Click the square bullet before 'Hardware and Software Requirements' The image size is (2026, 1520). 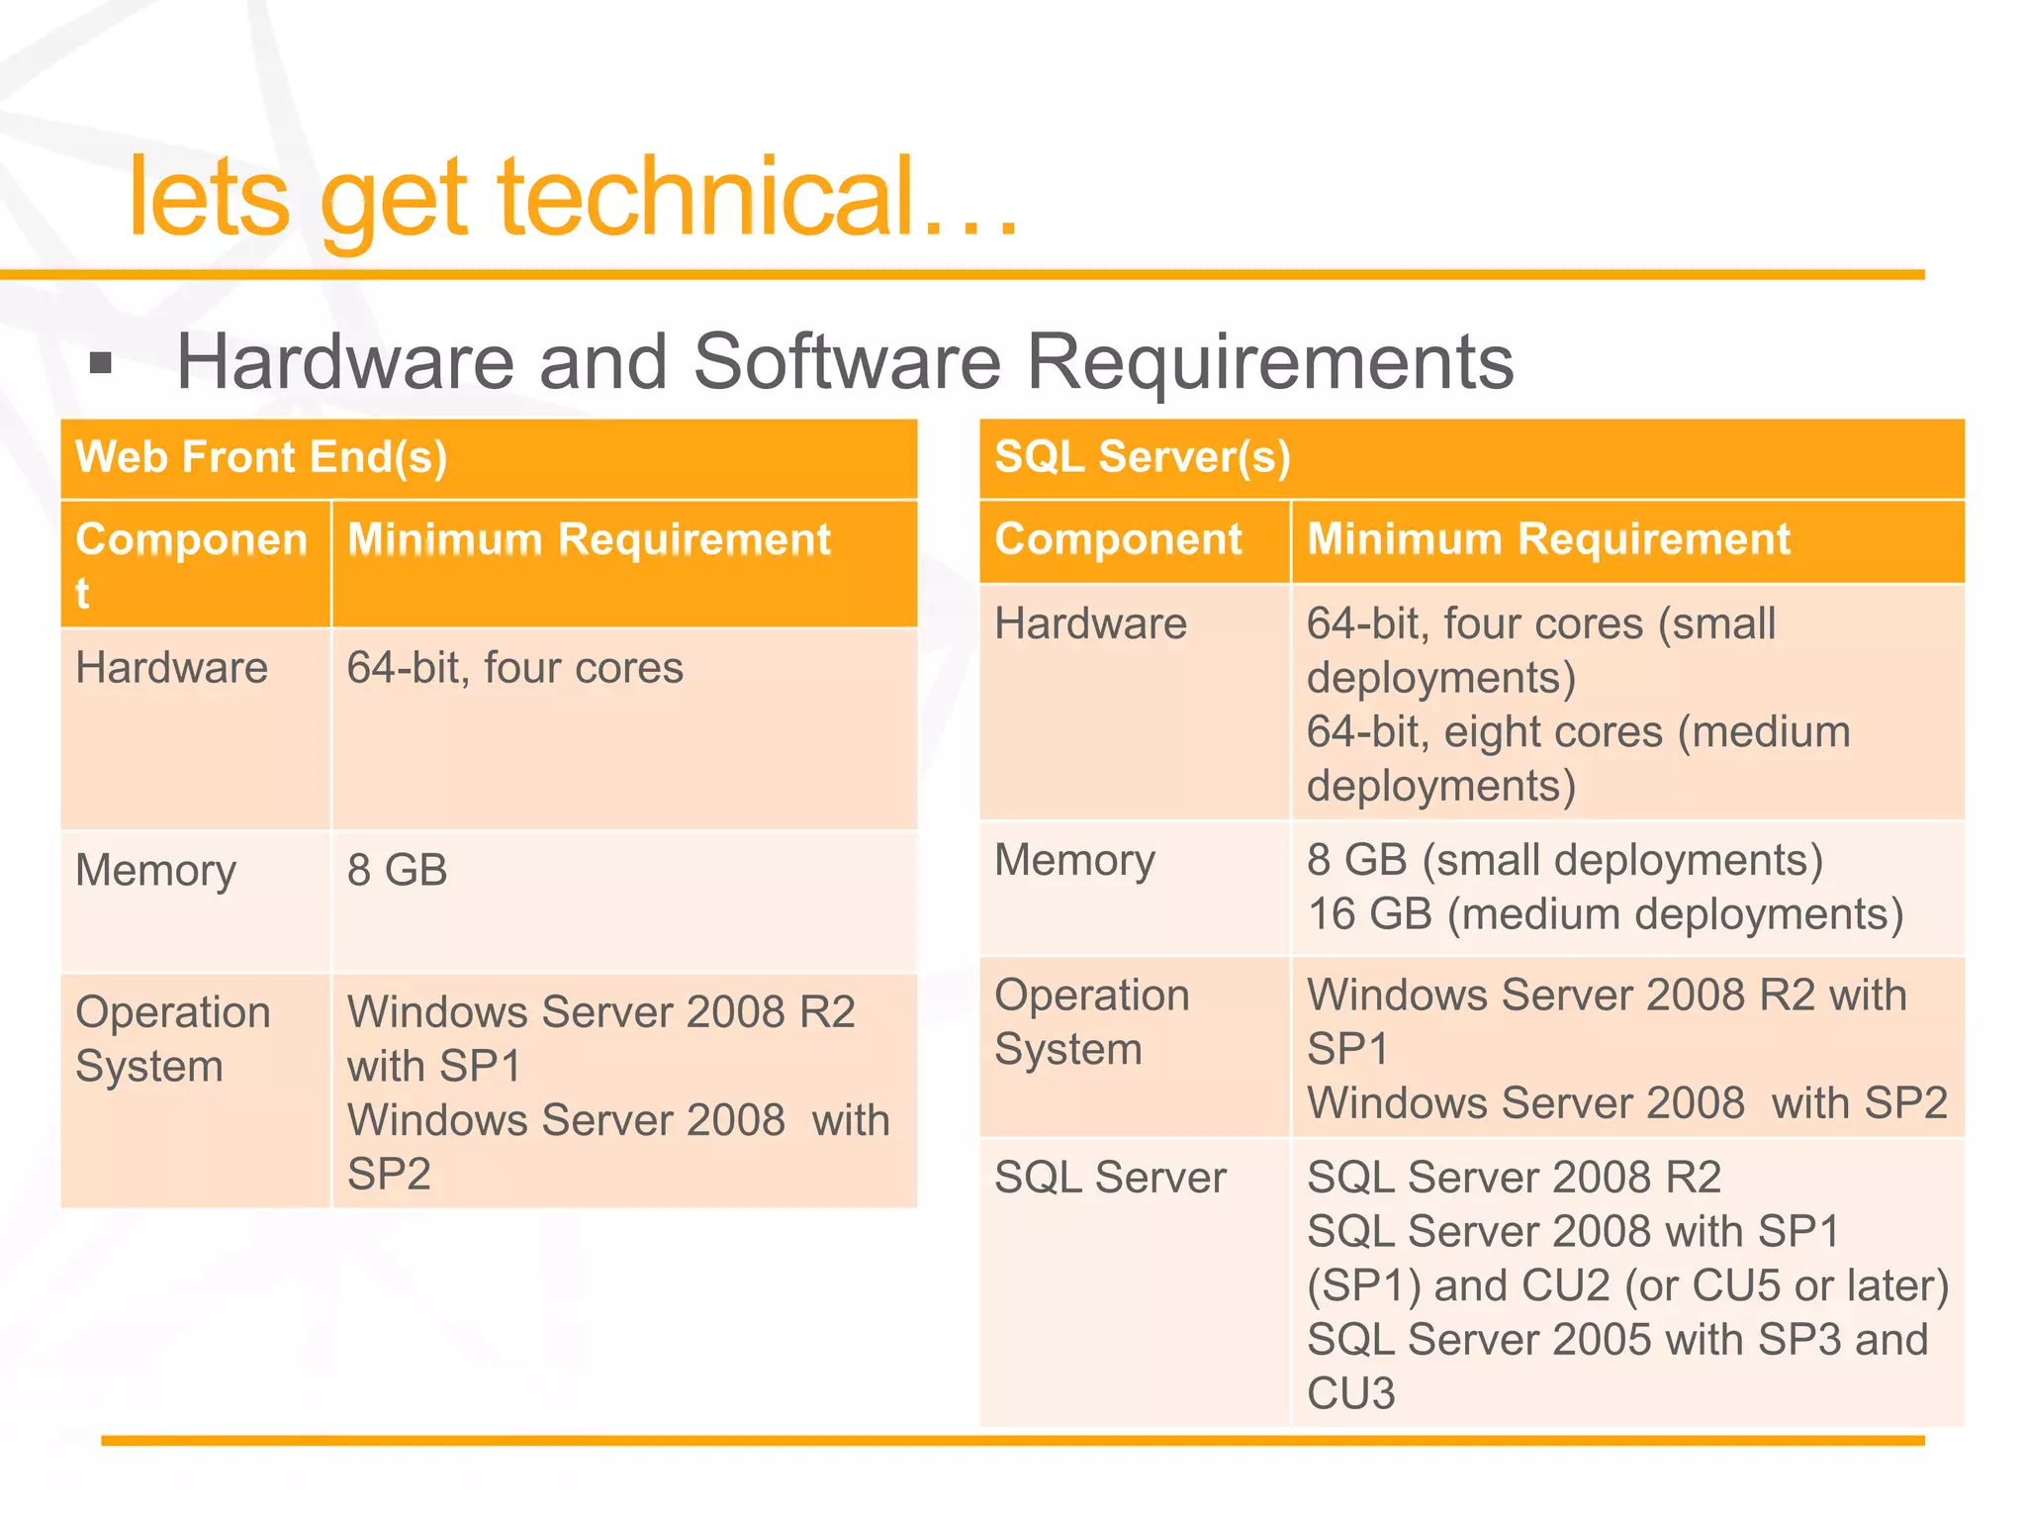coord(100,363)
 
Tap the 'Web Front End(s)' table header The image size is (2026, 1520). coord(261,457)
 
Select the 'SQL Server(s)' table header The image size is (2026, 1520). coord(1142,457)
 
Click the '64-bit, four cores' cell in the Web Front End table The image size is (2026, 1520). coord(514,668)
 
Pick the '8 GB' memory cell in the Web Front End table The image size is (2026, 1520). coord(397,871)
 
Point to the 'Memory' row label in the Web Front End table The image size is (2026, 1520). coord(155,871)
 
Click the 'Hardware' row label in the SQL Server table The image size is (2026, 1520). coord(1090,624)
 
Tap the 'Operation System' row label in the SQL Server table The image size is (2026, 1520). coord(1091,1021)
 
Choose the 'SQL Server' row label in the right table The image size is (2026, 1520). coord(1110,1178)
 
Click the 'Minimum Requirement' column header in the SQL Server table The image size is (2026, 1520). coord(1548,540)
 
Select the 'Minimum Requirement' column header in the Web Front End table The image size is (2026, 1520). coord(589,540)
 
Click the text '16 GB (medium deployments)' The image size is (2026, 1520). coord(1605,914)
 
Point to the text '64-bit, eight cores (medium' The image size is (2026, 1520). coord(1578,732)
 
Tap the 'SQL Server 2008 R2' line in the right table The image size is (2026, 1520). coord(1514,1178)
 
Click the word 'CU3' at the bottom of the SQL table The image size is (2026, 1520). coord(1350,1393)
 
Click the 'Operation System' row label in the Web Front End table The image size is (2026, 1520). coord(172,1039)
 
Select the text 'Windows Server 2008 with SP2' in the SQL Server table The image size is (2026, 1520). coord(1626,1103)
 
